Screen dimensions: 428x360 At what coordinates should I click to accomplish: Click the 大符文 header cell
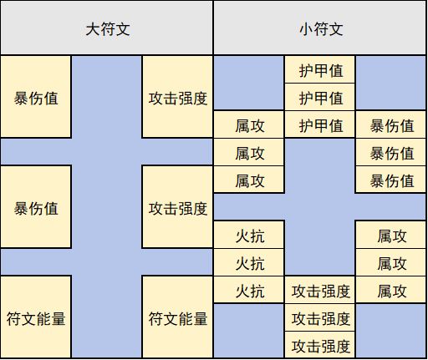point(107,28)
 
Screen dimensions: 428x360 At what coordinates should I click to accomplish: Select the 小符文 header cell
point(320,28)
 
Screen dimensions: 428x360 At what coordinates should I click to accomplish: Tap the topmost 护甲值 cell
point(320,69)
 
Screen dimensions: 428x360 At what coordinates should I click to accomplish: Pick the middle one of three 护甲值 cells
point(320,97)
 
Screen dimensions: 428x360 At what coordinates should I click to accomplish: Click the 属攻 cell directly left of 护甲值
point(249,124)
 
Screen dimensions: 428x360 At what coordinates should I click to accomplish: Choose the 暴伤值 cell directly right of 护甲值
point(391,124)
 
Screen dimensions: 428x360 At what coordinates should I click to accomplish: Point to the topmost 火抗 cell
point(249,235)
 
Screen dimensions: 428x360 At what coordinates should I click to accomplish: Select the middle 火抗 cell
point(249,262)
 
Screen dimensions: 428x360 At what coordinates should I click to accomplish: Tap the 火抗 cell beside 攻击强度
point(249,290)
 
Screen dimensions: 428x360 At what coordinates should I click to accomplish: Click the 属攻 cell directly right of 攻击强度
point(391,290)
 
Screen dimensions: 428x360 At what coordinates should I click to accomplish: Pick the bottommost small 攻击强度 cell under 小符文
point(320,345)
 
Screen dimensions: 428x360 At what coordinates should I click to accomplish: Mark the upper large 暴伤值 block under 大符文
point(36,97)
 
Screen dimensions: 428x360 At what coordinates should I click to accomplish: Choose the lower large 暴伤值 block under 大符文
point(36,207)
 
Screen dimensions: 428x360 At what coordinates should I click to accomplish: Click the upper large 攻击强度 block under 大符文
point(177,97)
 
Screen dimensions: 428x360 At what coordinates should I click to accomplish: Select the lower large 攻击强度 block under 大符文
point(177,207)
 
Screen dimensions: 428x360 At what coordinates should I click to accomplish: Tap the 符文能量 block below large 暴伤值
point(36,317)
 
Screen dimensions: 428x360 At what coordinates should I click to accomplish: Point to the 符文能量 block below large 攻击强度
point(177,317)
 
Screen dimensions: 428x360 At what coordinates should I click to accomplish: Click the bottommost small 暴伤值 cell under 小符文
point(391,180)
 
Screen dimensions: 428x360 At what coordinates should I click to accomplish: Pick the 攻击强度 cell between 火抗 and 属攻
point(320,290)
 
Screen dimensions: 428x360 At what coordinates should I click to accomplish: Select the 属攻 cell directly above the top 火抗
point(249,180)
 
